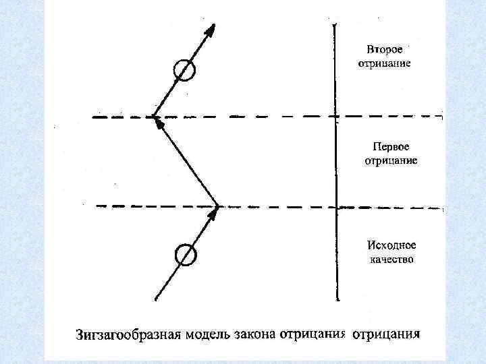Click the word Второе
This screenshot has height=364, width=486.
385,50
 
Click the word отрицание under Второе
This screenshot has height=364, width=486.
385,64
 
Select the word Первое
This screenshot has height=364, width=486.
391,146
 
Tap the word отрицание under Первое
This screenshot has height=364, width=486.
391,160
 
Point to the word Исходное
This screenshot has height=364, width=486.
391,245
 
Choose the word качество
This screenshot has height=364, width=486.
391,259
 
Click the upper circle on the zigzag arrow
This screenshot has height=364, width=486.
184,71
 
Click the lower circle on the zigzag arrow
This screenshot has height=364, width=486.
185,255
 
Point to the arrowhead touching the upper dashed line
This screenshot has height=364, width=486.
157,121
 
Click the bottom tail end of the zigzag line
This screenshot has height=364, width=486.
155,299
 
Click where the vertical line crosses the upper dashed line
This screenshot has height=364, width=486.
336,117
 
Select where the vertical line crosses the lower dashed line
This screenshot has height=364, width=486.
336,206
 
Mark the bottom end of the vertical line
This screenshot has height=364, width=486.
336,299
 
